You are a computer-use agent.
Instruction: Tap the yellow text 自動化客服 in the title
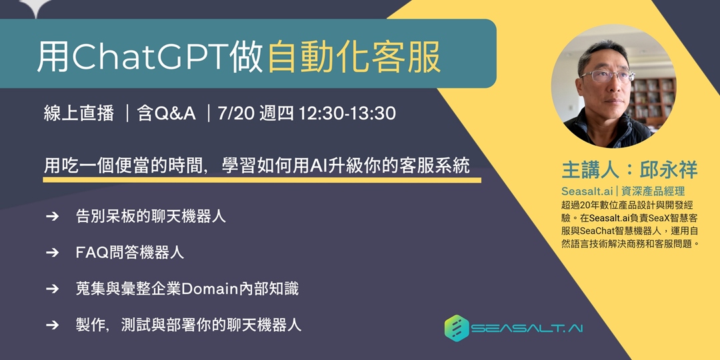point(354,58)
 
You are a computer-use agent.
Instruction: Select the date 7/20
point(235,113)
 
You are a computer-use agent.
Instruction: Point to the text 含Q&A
point(166,113)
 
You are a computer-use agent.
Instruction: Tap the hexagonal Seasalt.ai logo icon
point(457,328)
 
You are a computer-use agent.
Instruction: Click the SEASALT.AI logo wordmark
point(527,329)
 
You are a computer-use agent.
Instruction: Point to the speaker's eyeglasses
point(606,75)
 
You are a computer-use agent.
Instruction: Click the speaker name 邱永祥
point(667,169)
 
